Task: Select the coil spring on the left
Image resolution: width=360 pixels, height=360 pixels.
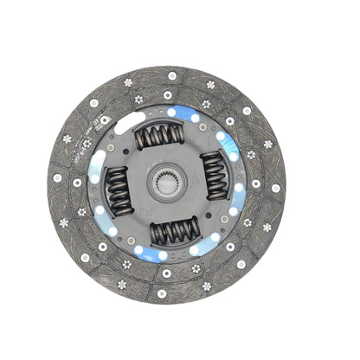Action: [x=117, y=188]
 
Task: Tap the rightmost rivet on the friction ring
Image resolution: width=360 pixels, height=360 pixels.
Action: [x=276, y=187]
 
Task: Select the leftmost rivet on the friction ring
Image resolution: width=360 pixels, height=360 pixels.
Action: [x=58, y=178]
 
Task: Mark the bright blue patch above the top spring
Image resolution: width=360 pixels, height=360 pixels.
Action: [x=170, y=112]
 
